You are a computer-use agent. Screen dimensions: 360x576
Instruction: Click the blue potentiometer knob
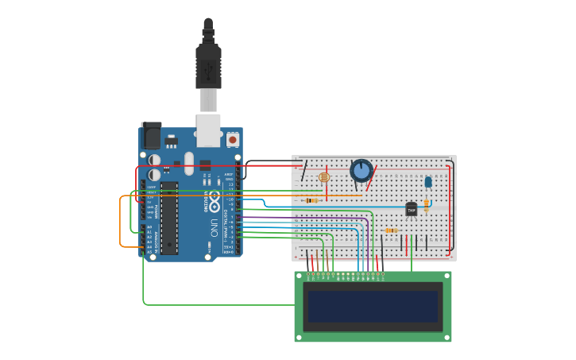click(361, 170)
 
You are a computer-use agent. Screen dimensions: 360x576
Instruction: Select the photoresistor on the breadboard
click(323, 177)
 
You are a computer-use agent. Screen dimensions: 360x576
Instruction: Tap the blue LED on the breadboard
click(428, 181)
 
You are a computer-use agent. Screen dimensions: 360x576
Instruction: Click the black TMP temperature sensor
click(412, 209)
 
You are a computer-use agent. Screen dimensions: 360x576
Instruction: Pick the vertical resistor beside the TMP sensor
click(427, 205)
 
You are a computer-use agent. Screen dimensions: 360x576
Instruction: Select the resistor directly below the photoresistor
click(311, 200)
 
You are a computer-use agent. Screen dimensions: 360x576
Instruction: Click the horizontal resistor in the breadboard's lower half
click(391, 230)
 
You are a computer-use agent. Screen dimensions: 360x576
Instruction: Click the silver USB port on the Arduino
click(208, 130)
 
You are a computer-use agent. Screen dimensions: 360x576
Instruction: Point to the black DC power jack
click(151, 135)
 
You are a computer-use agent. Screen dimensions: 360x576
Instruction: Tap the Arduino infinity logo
click(215, 201)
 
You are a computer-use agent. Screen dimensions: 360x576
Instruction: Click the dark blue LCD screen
click(373, 306)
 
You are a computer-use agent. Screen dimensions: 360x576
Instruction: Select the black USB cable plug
click(208, 67)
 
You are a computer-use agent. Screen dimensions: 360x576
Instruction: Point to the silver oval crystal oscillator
click(189, 163)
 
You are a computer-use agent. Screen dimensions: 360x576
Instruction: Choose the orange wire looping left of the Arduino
click(121, 223)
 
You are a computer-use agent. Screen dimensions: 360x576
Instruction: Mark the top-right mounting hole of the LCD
click(447, 276)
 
